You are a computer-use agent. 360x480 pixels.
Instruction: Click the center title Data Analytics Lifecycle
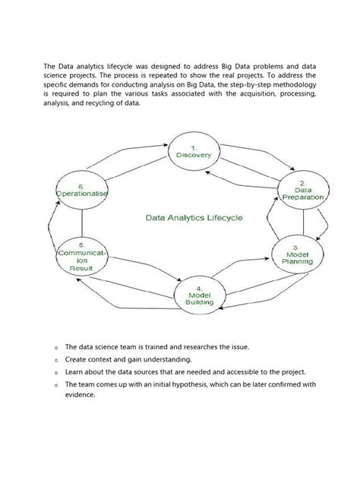[x=194, y=217]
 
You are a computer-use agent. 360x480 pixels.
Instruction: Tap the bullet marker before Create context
[x=56, y=360]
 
